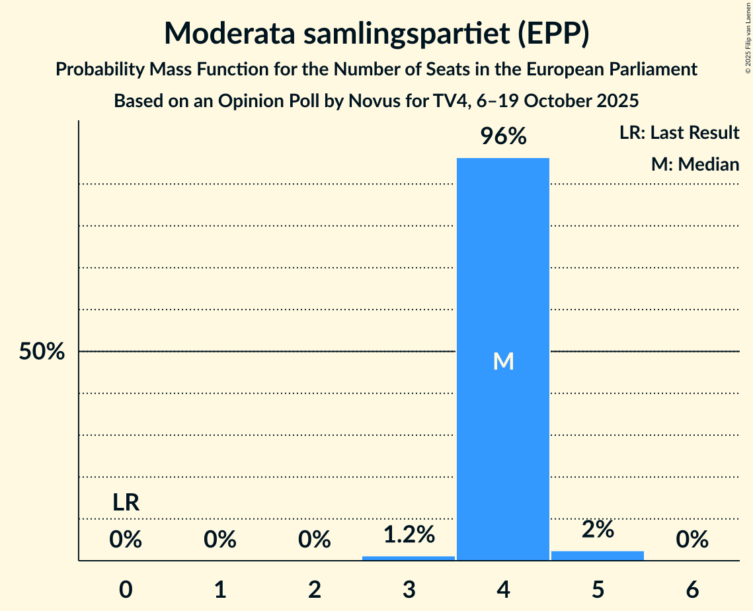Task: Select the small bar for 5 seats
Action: click(598, 555)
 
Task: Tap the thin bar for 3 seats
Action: click(409, 558)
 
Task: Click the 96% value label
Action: click(503, 137)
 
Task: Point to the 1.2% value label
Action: click(409, 534)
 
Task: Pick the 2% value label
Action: click(598, 529)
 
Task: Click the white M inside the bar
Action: click(503, 361)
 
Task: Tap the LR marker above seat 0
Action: click(126, 503)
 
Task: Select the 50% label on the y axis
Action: click(42, 352)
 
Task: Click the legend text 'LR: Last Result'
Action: click(679, 133)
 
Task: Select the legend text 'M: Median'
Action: click(695, 164)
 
